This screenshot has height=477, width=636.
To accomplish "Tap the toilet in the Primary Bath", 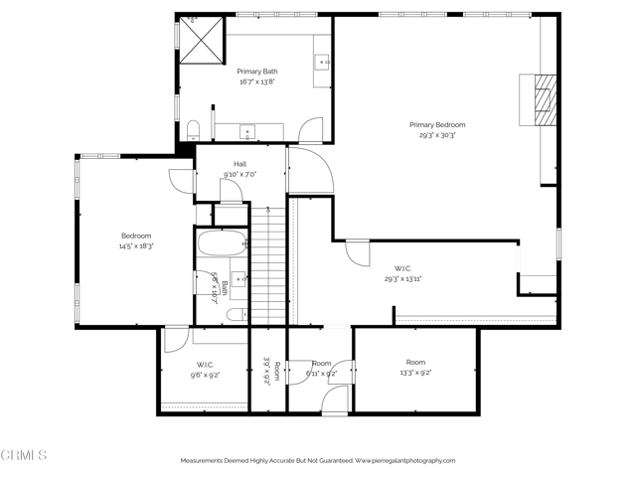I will [194, 127].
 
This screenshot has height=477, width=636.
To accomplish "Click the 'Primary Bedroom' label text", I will [437, 124].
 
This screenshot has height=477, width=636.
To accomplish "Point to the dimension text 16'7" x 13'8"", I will [256, 82].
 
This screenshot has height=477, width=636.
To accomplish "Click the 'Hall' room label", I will [239, 164].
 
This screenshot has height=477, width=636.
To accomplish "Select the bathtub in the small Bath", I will [222, 244].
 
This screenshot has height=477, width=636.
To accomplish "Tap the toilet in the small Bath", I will [236, 315].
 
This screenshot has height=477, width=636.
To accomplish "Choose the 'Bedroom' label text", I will [136, 236].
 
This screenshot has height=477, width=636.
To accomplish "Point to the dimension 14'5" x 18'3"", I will [136, 245].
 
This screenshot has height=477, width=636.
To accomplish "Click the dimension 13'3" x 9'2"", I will [415, 373].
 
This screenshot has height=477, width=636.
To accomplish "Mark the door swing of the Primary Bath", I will [310, 129].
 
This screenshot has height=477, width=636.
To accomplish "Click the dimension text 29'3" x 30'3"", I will [437, 135].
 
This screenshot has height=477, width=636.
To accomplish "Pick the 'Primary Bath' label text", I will [256, 72].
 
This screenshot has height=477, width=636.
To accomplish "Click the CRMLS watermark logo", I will [24, 455].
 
